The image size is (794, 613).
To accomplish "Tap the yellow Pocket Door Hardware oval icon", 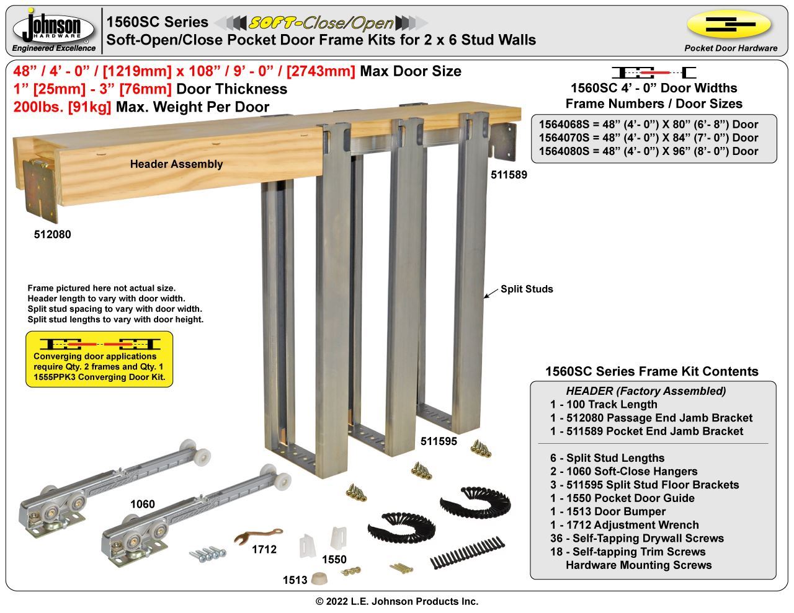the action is tap(729, 24).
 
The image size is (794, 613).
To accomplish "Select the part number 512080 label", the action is tap(53, 234).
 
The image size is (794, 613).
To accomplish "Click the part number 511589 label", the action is tap(509, 175).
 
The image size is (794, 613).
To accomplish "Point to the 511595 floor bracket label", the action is tap(439, 441).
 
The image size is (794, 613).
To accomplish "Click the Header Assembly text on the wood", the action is tap(177, 164).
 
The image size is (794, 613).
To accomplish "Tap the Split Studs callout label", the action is tap(527, 289).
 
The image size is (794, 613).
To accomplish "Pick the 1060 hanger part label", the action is tap(143, 504).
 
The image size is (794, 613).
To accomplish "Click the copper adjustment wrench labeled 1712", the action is tap(257, 536).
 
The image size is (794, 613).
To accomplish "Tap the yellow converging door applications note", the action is tap(99, 359).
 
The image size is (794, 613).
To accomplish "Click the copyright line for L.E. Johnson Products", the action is tap(397, 601).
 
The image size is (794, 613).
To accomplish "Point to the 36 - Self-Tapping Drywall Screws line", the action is tap(637, 539).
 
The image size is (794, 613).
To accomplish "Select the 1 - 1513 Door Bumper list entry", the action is tap(608, 511).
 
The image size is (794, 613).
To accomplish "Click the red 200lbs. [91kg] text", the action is tap(62, 107).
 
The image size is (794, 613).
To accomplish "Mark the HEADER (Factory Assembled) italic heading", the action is tap(646, 391).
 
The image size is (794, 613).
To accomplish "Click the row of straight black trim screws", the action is tap(467, 552).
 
